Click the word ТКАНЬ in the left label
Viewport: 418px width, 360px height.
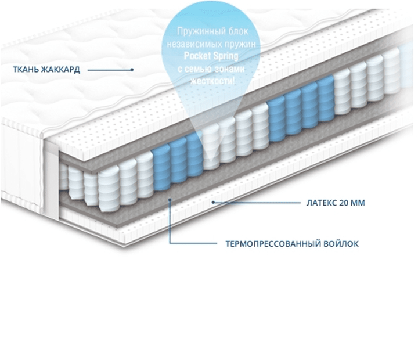[x=26, y=70]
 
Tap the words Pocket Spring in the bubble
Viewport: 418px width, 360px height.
[x=211, y=56]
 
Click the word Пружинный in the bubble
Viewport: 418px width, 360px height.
[x=197, y=31]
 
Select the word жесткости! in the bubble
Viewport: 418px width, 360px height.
[x=212, y=81]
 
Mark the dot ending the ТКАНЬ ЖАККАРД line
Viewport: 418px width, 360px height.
[x=132, y=70]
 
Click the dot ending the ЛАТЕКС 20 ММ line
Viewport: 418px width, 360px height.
[x=213, y=203]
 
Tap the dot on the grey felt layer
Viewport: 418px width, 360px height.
[x=170, y=199]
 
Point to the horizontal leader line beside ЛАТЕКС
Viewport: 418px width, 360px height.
[x=257, y=203]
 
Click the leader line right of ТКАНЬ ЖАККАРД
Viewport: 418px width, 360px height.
[x=110, y=70]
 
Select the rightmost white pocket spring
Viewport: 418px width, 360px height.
[x=391, y=71]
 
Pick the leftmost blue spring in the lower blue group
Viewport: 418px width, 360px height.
[x=161, y=168]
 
